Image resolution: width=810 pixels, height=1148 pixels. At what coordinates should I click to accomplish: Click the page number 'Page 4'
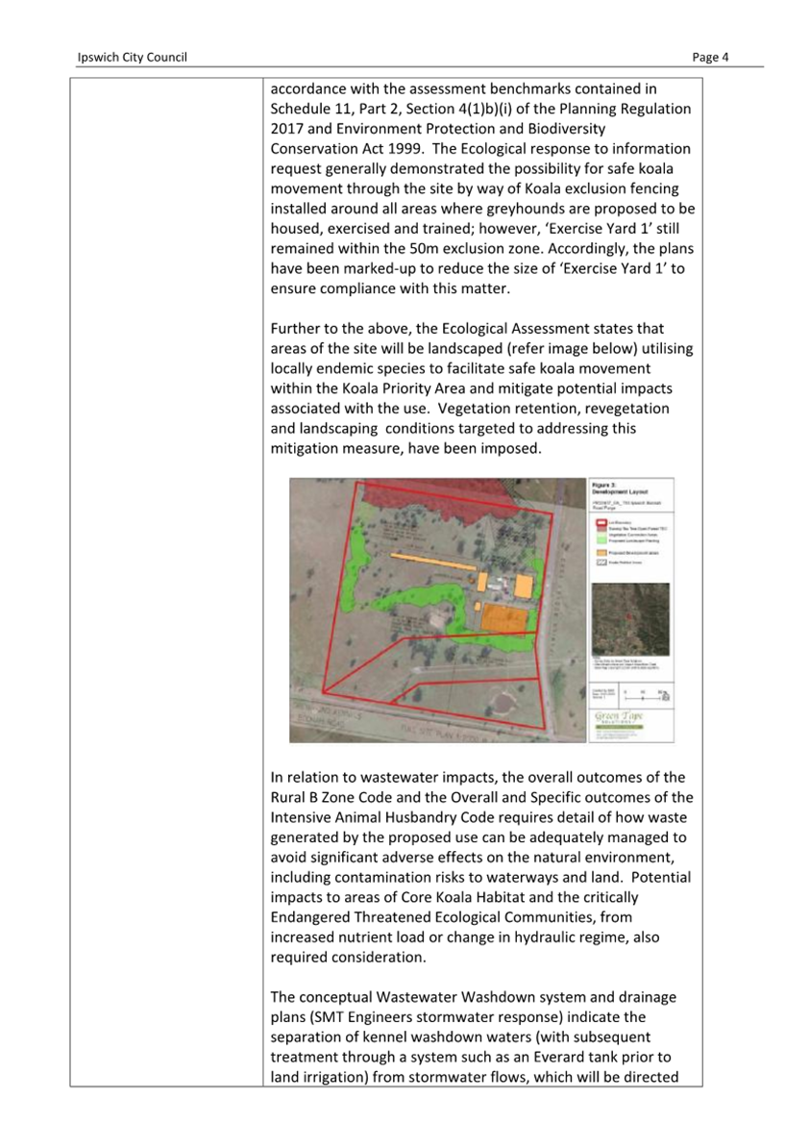[711, 58]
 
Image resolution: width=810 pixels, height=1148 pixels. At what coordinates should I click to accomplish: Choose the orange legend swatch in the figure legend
[601, 554]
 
